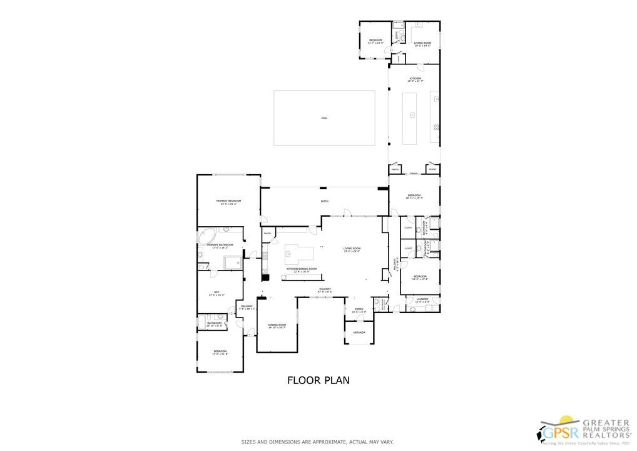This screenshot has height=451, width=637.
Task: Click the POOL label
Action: point(324,118)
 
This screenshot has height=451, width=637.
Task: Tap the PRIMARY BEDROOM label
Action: point(228,201)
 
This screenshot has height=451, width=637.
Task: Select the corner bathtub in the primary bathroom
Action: point(205,237)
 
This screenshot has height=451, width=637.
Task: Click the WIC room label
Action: point(217,292)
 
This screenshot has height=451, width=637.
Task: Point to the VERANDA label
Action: point(359,332)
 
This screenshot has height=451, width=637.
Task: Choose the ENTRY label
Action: point(359,309)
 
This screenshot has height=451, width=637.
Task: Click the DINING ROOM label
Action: point(277,324)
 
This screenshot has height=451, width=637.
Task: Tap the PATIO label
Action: point(325,201)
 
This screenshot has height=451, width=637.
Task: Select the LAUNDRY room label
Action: point(422,299)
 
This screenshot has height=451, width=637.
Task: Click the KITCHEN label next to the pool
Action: point(415,79)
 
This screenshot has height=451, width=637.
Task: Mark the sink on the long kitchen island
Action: point(412,115)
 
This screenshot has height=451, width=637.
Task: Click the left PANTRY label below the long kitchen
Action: point(395,169)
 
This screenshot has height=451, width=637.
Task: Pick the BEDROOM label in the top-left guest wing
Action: point(375,41)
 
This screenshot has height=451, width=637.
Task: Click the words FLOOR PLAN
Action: point(318,380)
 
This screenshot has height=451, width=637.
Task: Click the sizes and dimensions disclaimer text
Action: point(318,442)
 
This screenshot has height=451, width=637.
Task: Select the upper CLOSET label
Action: point(408,227)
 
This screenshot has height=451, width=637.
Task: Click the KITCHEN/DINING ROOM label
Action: point(302,269)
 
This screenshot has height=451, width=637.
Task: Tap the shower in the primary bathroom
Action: point(233,262)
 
